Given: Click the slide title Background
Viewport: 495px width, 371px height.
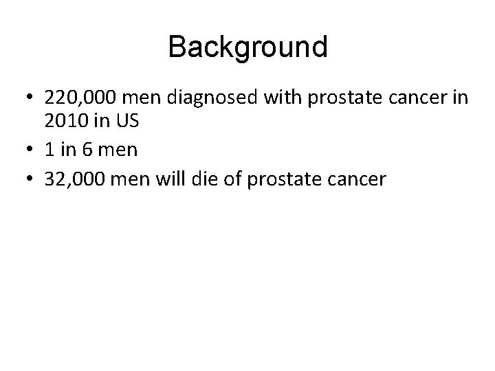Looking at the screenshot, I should click(x=247, y=48).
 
